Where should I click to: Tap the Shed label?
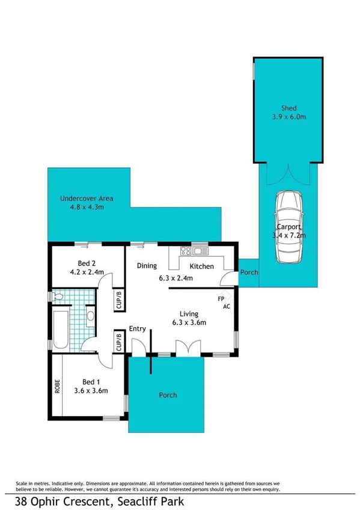click(x=289, y=108)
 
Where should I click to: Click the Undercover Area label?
click(x=86, y=198)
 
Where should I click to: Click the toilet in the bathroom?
click(x=59, y=297)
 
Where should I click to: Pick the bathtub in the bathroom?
click(x=61, y=329)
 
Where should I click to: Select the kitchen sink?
click(x=200, y=251)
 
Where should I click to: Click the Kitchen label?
click(x=201, y=266)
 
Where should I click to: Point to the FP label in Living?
click(x=221, y=298)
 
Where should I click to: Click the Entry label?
click(x=138, y=328)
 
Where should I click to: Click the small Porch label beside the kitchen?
click(x=249, y=272)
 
